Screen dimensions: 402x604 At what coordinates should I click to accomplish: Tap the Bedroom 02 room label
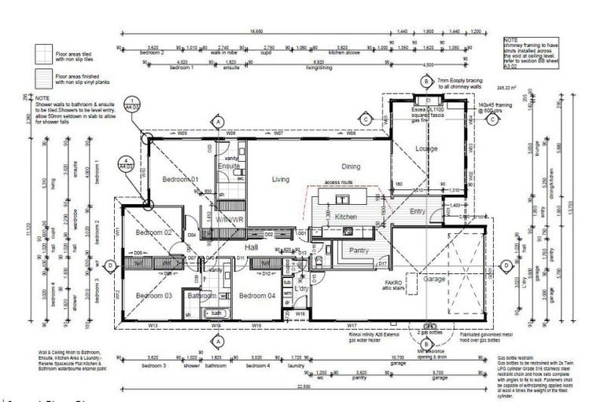tap(153, 233)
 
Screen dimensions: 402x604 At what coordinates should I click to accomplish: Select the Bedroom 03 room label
tap(153, 295)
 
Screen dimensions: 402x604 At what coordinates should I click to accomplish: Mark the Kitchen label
tap(346, 217)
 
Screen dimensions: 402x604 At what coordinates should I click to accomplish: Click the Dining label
tap(351, 166)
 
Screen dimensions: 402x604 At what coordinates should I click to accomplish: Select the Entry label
tap(417, 212)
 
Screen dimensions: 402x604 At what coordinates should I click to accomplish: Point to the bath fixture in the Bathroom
tap(217, 313)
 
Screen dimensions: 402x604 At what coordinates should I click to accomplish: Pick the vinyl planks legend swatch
tap(42, 79)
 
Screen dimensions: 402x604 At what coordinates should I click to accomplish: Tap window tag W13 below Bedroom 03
tap(153, 324)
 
